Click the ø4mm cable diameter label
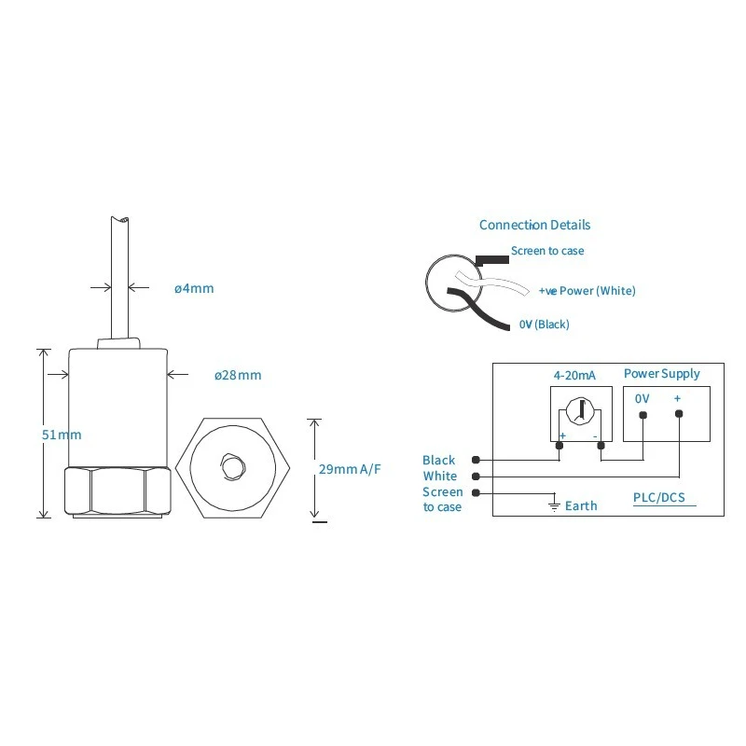[x=194, y=288]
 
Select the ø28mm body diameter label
[x=237, y=375]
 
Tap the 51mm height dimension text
[x=62, y=435]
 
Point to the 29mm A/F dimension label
[x=350, y=469]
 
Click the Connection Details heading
[x=534, y=225]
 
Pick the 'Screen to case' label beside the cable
[x=547, y=251]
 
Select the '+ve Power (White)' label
[x=587, y=291]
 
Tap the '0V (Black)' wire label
[x=544, y=325]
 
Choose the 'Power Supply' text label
[x=661, y=374]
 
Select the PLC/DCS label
[x=658, y=498]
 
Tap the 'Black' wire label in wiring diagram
[x=439, y=460]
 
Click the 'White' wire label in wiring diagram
[x=440, y=476]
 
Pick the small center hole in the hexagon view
[x=229, y=463]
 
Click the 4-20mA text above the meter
[x=574, y=375]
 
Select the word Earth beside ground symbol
[x=581, y=505]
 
